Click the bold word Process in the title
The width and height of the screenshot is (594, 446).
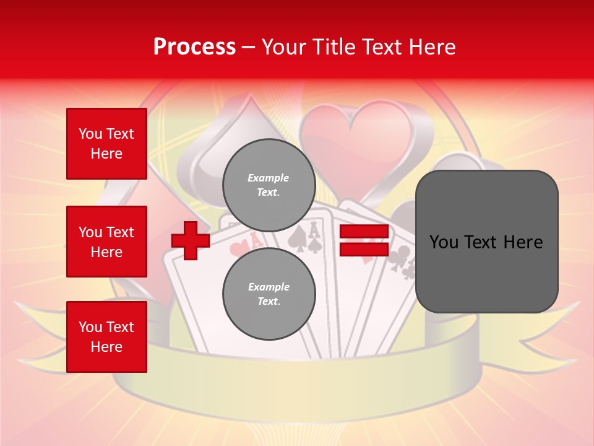click(194, 46)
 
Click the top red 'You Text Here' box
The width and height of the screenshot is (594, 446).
click(106, 144)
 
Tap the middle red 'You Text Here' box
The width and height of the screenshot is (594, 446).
click(106, 242)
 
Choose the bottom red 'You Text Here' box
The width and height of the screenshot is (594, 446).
click(106, 337)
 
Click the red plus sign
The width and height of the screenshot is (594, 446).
click(191, 240)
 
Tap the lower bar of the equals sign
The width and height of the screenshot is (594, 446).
click(364, 249)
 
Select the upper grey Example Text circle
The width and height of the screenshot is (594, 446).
click(269, 185)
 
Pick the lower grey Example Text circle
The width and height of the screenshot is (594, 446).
click(269, 294)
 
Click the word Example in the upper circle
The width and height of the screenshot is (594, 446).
click(269, 178)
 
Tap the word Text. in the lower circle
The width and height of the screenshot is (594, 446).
click(269, 302)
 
